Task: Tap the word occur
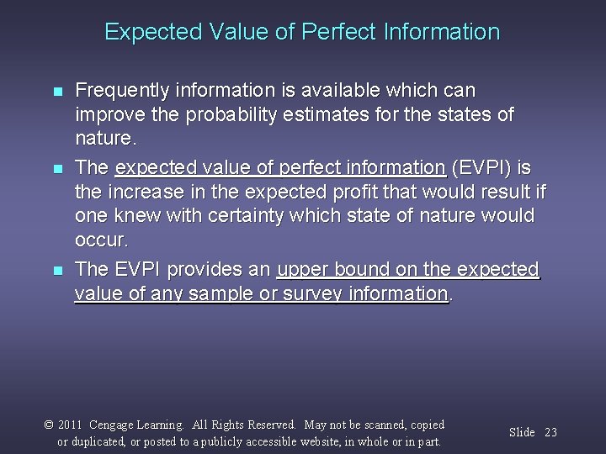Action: pos(101,240)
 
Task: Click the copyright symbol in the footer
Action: pos(50,425)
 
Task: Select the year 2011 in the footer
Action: pos(71,425)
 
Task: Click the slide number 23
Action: pos(551,432)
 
